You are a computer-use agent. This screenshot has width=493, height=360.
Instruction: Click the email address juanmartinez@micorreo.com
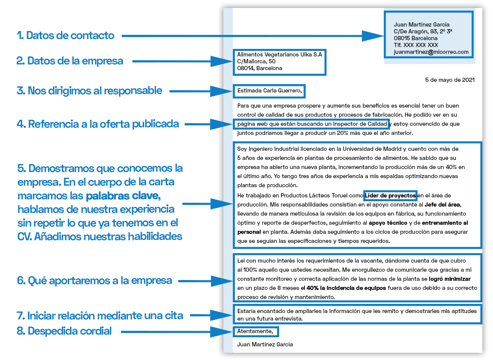point(431,52)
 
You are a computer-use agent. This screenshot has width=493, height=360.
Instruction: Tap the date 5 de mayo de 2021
point(449,80)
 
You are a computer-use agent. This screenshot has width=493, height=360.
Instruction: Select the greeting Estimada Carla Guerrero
point(269,91)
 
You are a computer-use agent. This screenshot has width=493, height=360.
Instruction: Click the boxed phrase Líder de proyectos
point(390,196)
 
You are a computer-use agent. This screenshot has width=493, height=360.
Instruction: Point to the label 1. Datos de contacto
point(65,36)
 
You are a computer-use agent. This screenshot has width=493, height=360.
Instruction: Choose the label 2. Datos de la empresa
point(70,61)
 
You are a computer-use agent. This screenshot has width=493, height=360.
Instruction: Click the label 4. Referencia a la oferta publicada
point(98,124)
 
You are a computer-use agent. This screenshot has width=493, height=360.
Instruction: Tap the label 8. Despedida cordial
point(64,331)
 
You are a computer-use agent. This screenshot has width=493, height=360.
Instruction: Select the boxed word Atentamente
point(255,332)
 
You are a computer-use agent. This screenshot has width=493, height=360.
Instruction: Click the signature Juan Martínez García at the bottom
point(265,344)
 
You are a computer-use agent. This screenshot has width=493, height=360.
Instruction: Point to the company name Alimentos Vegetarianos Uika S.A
point(279,55)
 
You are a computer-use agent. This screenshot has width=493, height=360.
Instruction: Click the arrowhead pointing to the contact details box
point(374,36)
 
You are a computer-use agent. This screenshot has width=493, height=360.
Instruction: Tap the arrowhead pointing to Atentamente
point(222,332)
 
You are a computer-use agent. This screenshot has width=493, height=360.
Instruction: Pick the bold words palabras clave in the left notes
point(122,196)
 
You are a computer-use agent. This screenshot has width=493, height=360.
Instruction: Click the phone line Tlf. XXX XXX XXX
point(416,45)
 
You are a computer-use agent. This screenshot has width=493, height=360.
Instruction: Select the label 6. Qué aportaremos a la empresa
point(94,281)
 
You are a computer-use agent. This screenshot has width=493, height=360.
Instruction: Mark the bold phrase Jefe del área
point(442,205)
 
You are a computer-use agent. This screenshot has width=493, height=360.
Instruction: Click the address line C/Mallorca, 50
point(256,61)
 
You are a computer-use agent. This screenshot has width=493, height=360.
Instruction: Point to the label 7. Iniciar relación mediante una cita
point(100,316)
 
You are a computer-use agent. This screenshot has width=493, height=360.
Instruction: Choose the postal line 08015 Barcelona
point(415,38)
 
